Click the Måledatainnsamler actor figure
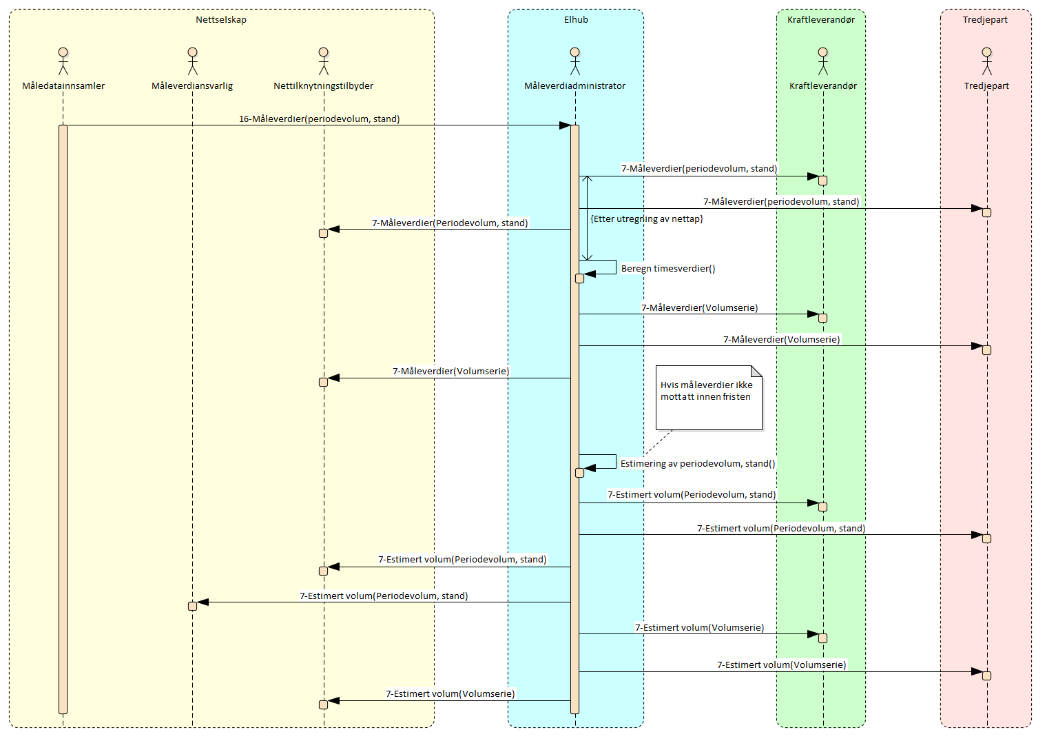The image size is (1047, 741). pyautogui.click(x=63, y=61)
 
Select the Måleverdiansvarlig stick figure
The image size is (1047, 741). pyautogui.click(x=192, y=61)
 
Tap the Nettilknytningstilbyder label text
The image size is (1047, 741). pyautogui.click(x=323, y=86)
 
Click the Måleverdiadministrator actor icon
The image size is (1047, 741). pyautogui.click(x=574, y=61)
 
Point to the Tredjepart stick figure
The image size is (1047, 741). pyautogui.click(x=986, y=61)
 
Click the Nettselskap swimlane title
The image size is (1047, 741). pyautogui.click(x=221, y=20)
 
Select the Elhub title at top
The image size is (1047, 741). pyautogui.click(x=576, y=20)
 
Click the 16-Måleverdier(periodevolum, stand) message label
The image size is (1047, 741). pyautogui.click(x=319, y=119)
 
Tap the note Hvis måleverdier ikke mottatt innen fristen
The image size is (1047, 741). pyautogui.click(x=709, y=397)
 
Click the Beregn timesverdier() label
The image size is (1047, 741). pyautogui.click(x=667, y=269)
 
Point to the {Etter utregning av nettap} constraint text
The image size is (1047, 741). pyautogui.click(x=647, y=219)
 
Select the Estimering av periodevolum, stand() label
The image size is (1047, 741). pyautogui.click(x=697, y=464)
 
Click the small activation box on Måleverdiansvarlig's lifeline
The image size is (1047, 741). pyautogui.click(x=192, y=606)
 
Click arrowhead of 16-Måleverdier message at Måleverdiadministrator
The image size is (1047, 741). pyautogui.click(x=565, y=125)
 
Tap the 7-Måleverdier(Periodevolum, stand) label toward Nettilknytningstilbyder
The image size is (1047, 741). pyautogui.click(x=450, y=223)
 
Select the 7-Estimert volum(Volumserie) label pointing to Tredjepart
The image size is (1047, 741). pyautogui.click(x=781, y=665)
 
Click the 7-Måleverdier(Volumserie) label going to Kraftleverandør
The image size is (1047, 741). pyautogui.click(x=699, y=308)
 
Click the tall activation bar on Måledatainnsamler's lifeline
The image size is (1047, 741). pyautogui.click(x=63, y=414)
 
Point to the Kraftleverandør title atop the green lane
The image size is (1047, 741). pyautogui.click(x=820, y=20)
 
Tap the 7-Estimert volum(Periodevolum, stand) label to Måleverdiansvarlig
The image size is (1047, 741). pyautogui.click(x=384, y=596)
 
